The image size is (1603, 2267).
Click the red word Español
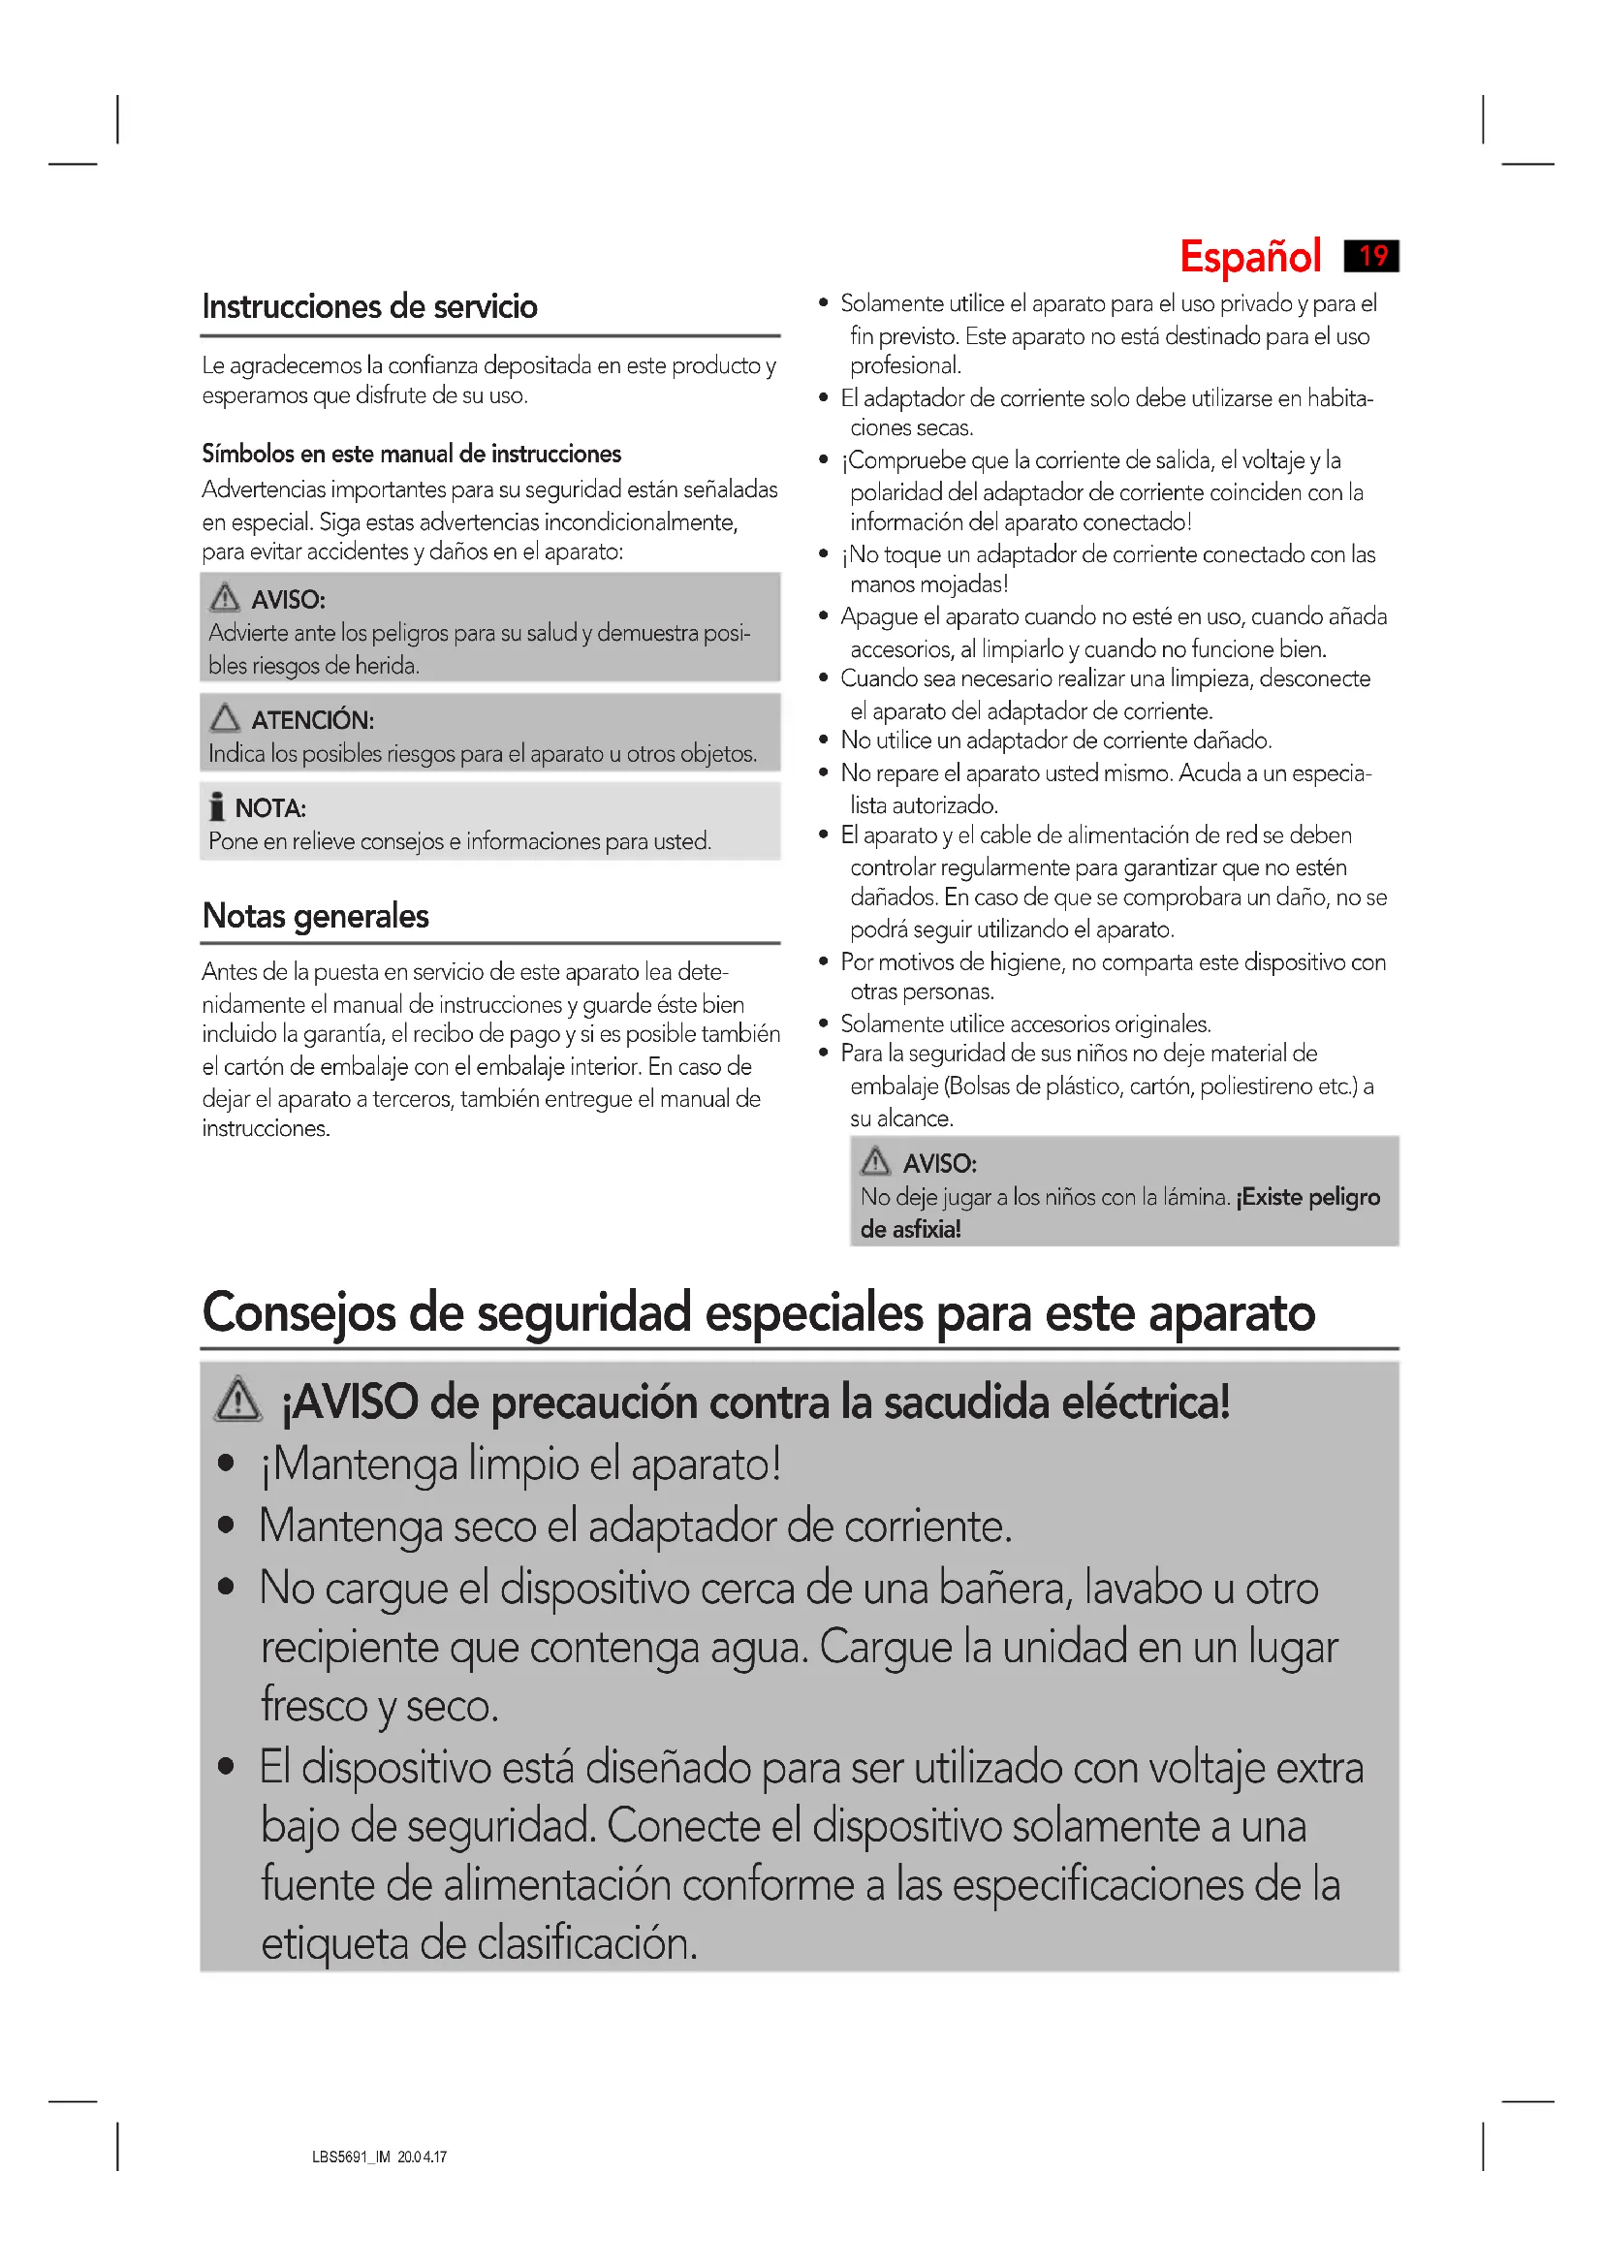1249,257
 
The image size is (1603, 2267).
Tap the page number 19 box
1371,256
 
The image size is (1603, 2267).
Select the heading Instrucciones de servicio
369,307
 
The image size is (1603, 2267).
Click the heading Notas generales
315,916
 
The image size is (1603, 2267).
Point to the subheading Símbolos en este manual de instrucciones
412,455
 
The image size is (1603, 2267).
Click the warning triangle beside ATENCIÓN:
225,718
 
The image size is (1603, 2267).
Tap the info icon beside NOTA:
217,806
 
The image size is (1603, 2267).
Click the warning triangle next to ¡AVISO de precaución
237,1401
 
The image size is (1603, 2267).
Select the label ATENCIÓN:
312,721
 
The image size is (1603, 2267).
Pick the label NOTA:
270,808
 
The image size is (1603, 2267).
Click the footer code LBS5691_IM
352,2157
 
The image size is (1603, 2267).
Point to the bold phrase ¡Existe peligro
1307,1198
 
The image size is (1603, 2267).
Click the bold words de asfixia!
910,1229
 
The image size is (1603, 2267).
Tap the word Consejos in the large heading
299,1314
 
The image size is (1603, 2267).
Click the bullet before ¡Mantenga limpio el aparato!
226,1464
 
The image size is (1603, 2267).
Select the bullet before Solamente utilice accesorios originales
823,1023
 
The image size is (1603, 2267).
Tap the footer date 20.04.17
423,2157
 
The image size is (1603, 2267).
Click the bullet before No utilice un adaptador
823,740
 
